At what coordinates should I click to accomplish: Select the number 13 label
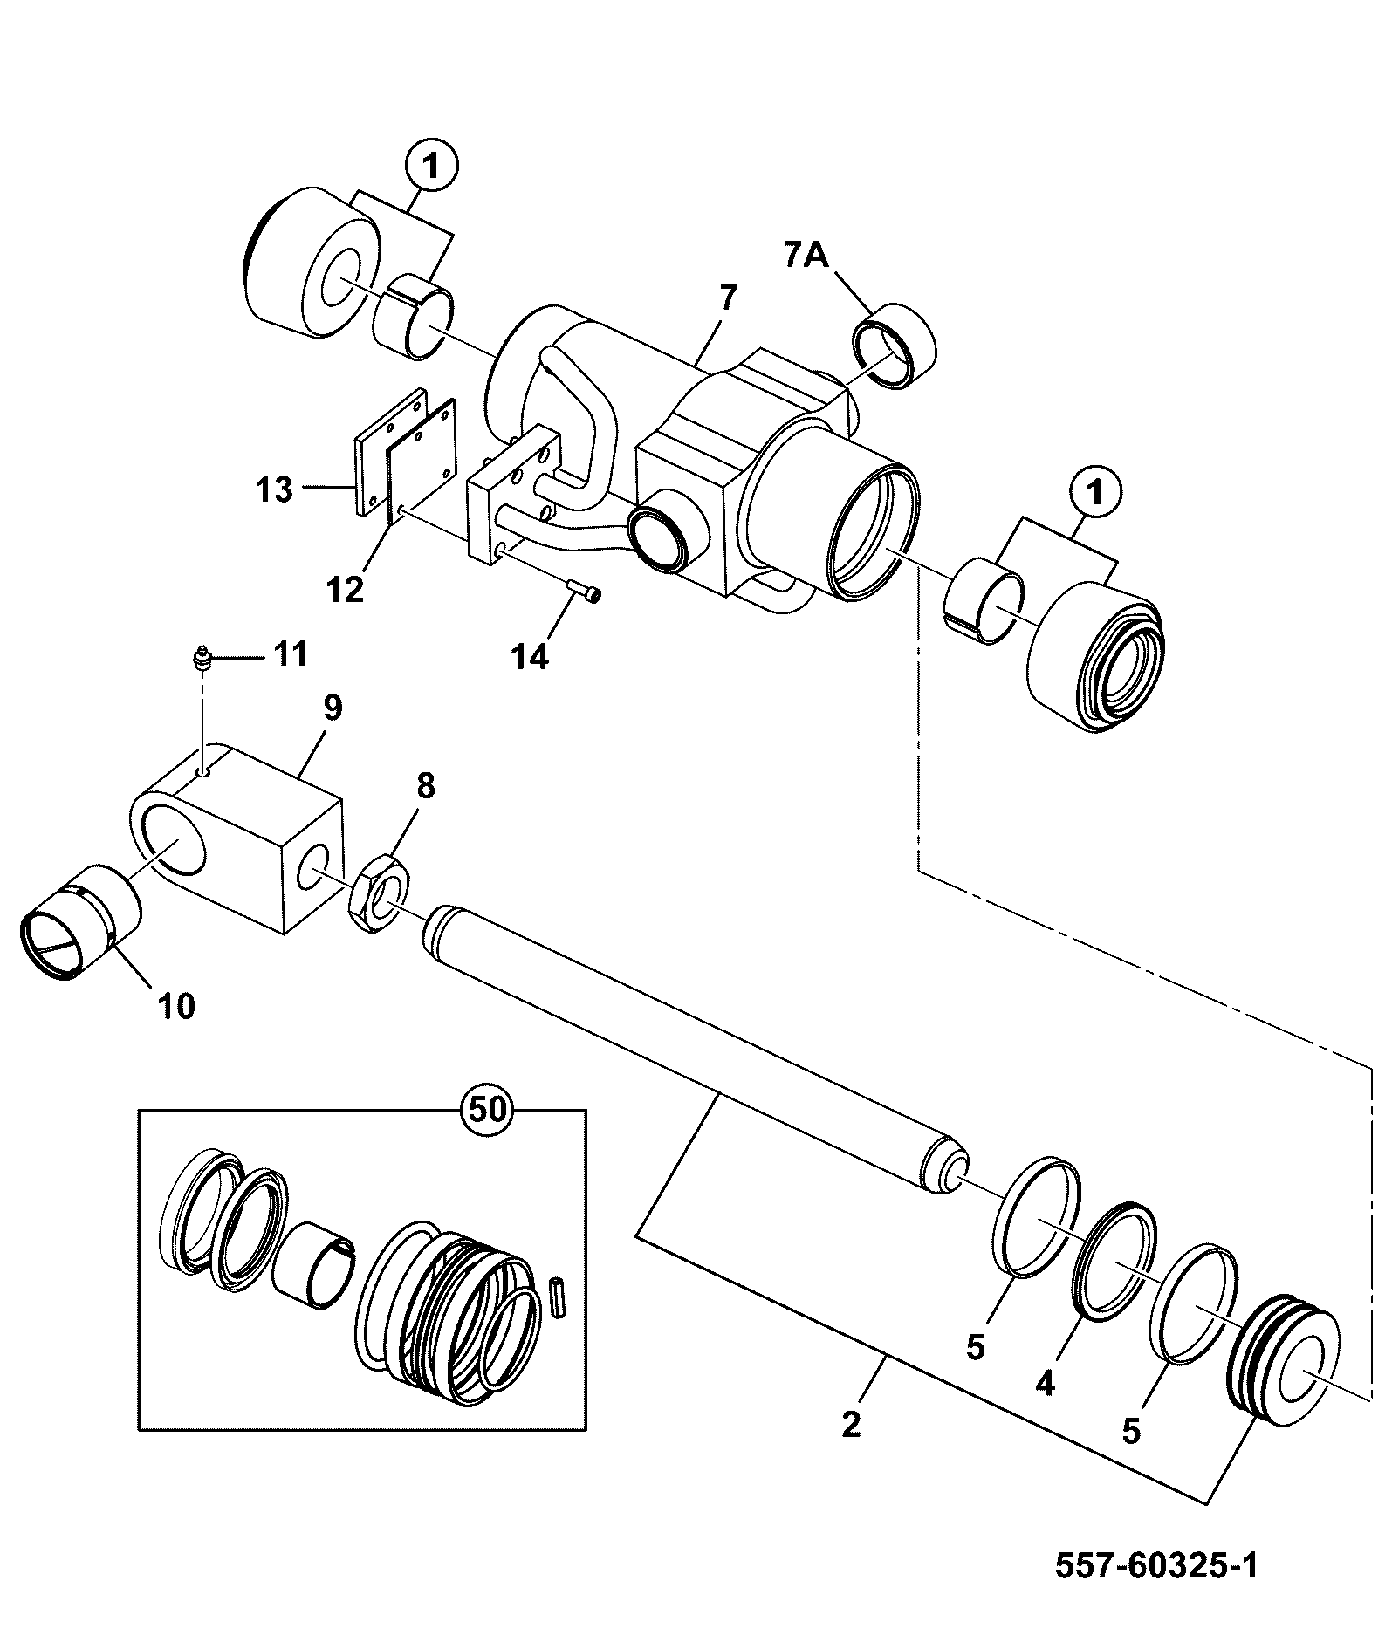pyautogui.click(x=275, y=489)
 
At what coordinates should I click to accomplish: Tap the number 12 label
pyautogui.click(x=346, y=591)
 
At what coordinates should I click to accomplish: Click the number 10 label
pyautogui.click(x=176, y=1007)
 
